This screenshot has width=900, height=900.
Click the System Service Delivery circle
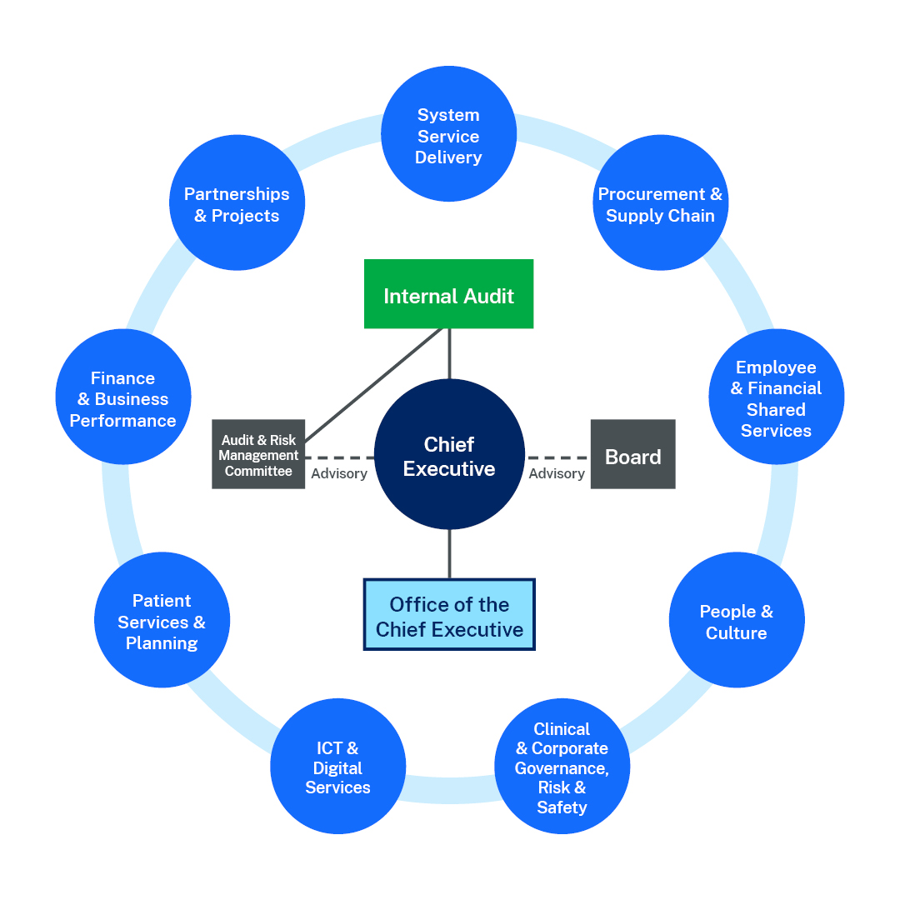click(x=449, y=135)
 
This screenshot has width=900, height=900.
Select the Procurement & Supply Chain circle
click(x=660, y=203)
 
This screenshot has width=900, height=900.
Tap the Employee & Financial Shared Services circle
click(x=776, y=397)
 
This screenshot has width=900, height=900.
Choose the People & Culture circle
click(x=736, y=621)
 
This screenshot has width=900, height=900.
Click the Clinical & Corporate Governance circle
click(x=562, y=766)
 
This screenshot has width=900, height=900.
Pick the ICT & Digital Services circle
click(x=337, y=767)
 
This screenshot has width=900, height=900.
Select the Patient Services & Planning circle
click(x=162, y=621)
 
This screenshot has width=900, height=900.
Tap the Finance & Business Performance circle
click(x=123, y=397)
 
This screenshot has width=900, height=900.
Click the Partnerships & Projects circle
click(x=237, y=203)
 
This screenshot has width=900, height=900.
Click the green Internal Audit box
click(x=449, y=294)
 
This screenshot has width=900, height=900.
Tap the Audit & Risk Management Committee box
click(x=258, y=454)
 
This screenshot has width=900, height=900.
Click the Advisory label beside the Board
click(x=557, y=473)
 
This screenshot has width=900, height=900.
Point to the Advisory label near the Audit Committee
click(x=339, y=473)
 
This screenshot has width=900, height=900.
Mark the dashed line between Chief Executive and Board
click(x=558, y=457)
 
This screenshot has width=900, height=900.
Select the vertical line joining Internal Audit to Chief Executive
click(x=449, y=353)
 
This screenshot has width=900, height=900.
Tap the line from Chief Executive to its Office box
click(x=449, y=554)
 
